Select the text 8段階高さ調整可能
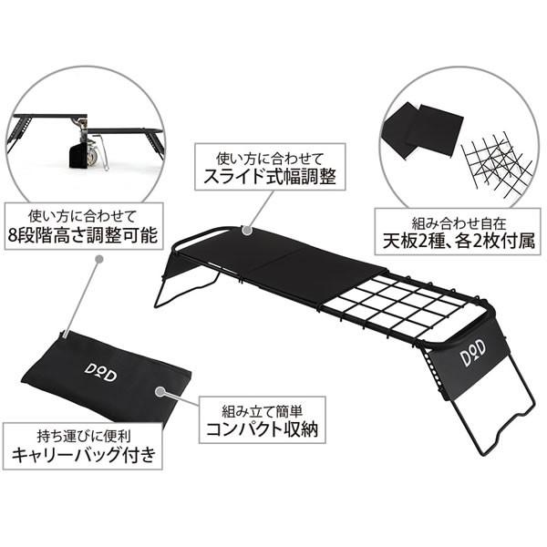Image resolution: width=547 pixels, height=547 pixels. point(80,237)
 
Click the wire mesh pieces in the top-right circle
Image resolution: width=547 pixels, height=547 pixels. point(498,162)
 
